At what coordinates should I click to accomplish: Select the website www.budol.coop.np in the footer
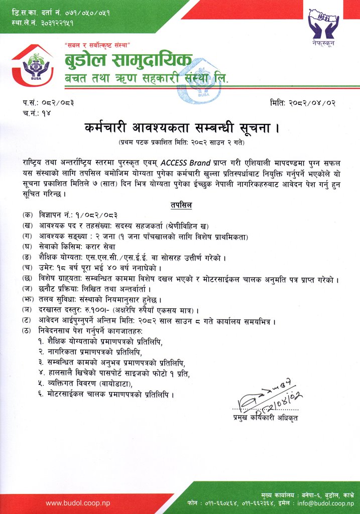tap(77, 502)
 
